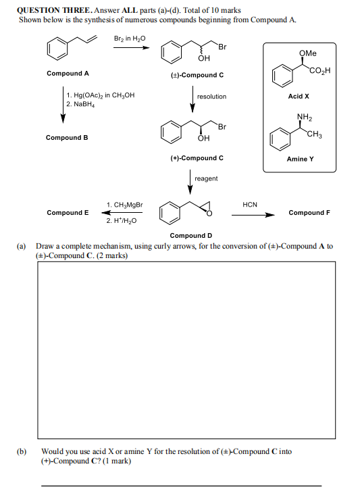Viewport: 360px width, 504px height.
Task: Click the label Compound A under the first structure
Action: tap(68, 73)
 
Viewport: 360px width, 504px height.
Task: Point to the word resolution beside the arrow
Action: tap(211, 97)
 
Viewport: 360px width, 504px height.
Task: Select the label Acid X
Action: tap(298, 97)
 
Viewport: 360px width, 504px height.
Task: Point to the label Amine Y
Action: tap(300, 159)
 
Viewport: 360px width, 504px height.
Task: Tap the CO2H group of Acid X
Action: tap(319, 71)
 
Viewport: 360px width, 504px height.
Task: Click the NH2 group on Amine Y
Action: tap(303, 116)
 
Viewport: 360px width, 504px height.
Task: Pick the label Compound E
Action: tap(68, 213)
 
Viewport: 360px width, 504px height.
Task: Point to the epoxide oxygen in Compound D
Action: tap(209, 216)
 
